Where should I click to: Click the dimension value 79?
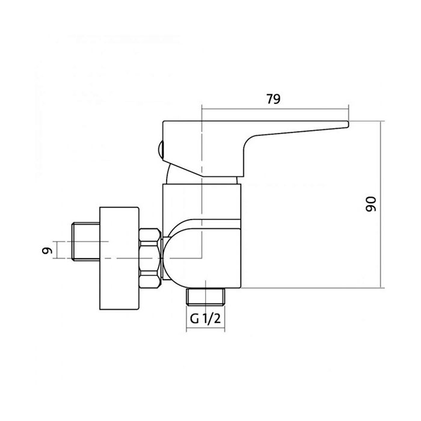point(273,99)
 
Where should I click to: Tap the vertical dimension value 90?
point(371,204)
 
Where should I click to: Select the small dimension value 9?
point(47,251)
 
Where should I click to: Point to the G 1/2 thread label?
point(205,318)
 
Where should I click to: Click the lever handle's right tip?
point(348,124)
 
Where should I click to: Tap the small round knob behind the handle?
point(161,150)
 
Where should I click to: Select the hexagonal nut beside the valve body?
point(150,258)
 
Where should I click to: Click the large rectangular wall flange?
point(119,258)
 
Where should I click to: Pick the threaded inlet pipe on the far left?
point(86,241)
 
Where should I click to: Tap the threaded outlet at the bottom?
point(206,297)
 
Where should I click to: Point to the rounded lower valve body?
point(202,258)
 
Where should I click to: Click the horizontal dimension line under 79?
point(275,109)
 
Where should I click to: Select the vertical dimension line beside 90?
point(381,204)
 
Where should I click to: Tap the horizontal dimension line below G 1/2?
point(206,328)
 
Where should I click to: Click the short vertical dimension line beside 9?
point(57,250)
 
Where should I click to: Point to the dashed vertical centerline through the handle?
point(201,181)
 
